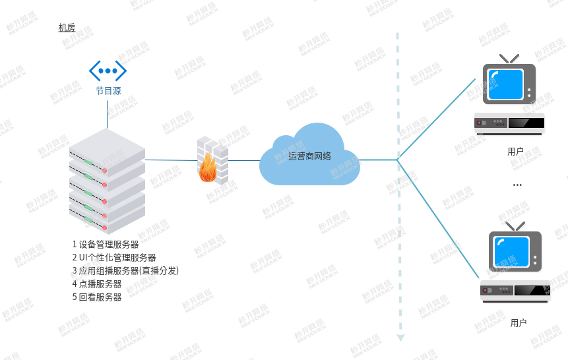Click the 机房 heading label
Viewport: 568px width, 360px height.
click(67, 28)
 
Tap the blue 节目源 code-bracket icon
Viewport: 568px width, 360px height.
click(108, 71)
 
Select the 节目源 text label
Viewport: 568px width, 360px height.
click(108, 91)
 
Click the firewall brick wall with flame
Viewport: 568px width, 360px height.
click(211, 161)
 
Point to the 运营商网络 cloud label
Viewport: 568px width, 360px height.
click(309, 156)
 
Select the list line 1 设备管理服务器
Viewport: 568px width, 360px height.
click(106, 244)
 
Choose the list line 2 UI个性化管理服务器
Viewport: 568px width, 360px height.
click(114, 257)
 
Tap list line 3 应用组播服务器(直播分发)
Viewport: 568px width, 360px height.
click(125, 270)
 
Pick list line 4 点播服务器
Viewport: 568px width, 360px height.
click(97, 284)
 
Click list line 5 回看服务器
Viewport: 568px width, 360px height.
click(97, 297)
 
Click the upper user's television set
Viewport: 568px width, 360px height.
click(509, 84)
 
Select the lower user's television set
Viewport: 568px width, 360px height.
click(515, 251)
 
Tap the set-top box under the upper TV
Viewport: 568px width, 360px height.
click(509, 123)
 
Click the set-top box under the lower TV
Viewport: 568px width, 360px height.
click(515, 291)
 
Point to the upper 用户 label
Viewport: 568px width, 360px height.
click(516, 151)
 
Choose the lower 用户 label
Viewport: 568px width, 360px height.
click(519, 322)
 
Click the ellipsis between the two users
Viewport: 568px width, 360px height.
click(517, 185)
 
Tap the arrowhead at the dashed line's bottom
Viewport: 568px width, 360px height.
click(400, 338)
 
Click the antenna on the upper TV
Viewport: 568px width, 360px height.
click(509, 59)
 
